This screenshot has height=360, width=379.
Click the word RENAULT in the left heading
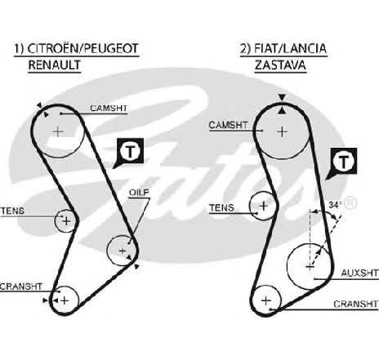[x=55, y=64]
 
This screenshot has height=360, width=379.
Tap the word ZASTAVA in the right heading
[x=280, y=64]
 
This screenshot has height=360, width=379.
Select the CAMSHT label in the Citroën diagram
[x=109, y=109]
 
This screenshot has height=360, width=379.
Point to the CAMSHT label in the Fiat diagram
[x=228, y=125]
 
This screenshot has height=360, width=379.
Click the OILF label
[x=139, y=193]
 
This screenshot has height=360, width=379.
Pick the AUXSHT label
[x=360, y=273]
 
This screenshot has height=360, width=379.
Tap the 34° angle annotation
[x=335, y=205]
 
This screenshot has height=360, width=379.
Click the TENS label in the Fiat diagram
[x=222, y=208]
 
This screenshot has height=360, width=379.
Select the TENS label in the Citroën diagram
[x=12, y=211]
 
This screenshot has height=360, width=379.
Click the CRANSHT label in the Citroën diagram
[x=21, y=287]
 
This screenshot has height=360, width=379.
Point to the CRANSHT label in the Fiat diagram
[x=356, y=304]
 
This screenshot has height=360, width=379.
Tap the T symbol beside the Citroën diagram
[x=130, y=151]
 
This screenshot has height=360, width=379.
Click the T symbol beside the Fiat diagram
[x=343, y=162]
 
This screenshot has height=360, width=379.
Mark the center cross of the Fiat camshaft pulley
[x=283, y=132]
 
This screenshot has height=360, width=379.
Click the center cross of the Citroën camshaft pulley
[x=58, y=132]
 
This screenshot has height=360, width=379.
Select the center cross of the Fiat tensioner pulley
[x=263, y=206]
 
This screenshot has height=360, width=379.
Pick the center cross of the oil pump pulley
[x=123, y=251]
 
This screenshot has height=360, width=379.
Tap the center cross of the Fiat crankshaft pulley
[x=266, y=300]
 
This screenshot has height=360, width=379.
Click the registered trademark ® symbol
[x=350, y=202]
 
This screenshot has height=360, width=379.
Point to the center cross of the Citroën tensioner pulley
[x=66, y=221]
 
